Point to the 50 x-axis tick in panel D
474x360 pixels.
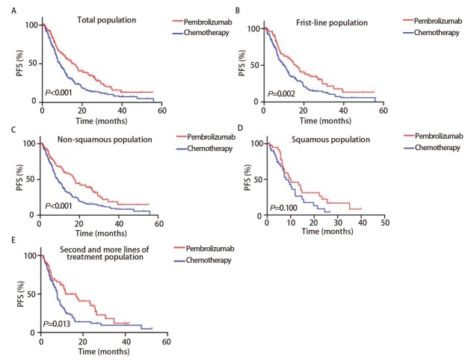[384, 223]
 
